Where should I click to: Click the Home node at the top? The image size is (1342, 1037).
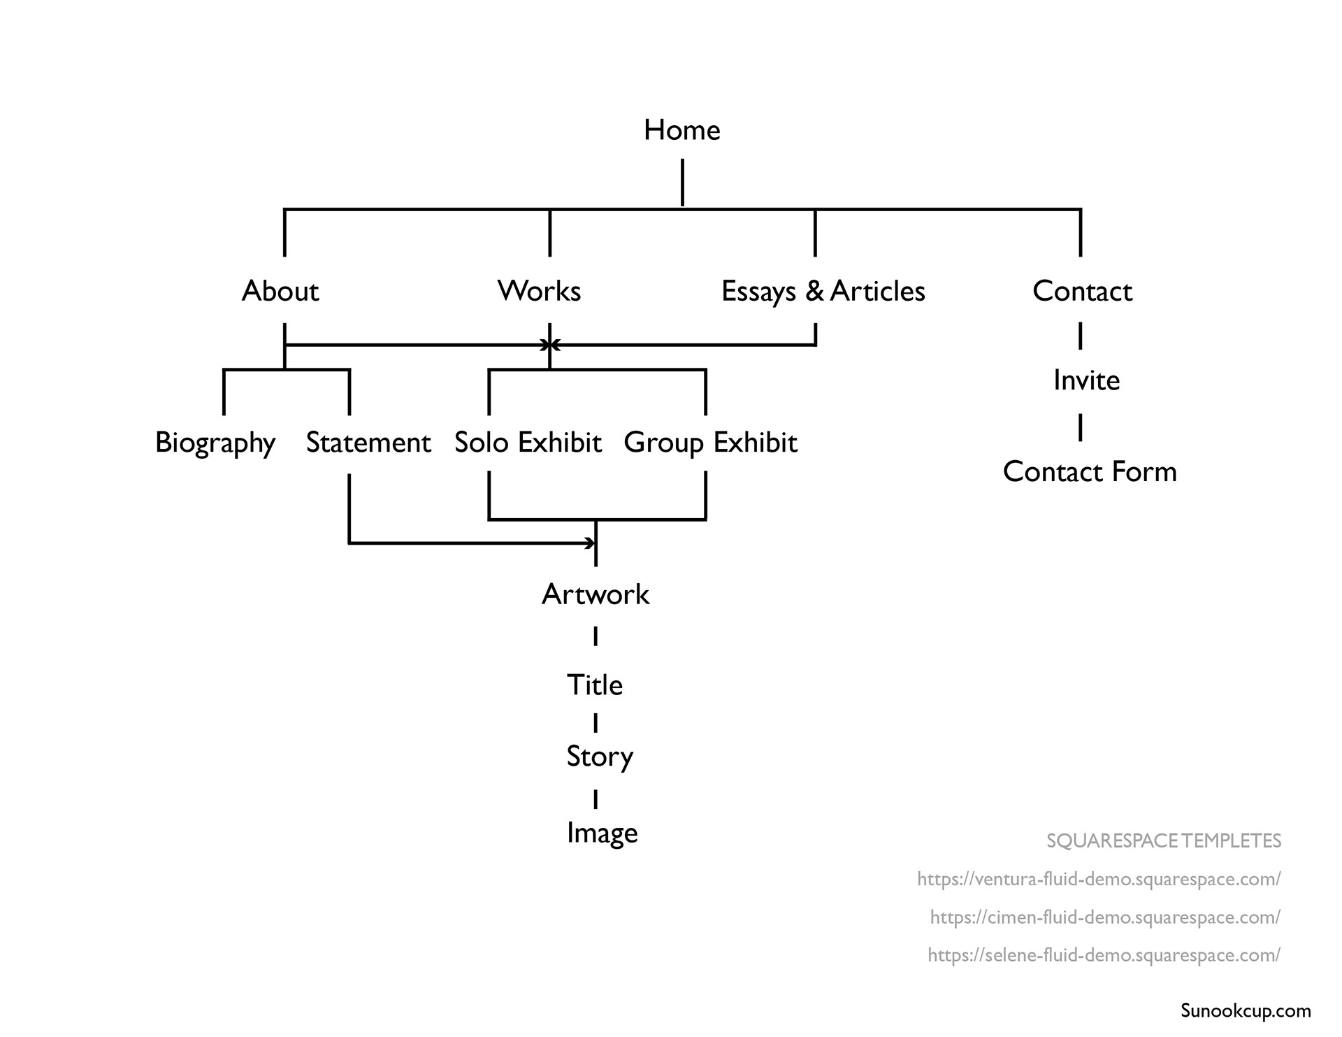click(x=681, y=130)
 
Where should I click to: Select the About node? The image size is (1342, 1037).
click(x=280, y=291)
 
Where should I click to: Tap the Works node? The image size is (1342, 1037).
click(x=539, y=291)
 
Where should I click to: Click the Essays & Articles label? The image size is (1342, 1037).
click(x=823, y=291)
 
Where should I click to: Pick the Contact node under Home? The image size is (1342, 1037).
click(x=1082, y=291)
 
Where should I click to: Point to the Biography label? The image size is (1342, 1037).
click(x=215, y=443)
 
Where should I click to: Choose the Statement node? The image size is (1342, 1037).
click(x=368, y=443)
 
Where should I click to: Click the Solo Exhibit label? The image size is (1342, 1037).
click(x=528, y=443)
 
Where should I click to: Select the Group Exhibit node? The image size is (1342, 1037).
click(x=710, y=443)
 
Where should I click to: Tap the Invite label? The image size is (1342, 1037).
click(x=1086, y=380)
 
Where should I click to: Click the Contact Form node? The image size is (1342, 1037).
click(x=1090, y=472)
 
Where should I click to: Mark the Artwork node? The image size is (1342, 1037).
click(x=596, y=594)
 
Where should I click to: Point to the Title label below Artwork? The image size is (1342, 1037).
click(x=594, y=685)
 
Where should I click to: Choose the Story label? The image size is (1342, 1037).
click(x=600, y=757)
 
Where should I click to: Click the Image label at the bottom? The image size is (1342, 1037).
click(x=602, y=833)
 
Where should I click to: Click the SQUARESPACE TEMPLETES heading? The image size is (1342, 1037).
click(x=1163, y=841)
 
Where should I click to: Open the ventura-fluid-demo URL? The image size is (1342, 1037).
click(x=1099, y=879)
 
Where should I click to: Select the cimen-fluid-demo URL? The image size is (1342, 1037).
click(x=1105, y=917)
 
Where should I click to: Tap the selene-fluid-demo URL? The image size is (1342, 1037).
click(x=1104, y=954)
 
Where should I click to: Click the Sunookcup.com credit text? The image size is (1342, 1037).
click(x=1246, y=1010)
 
